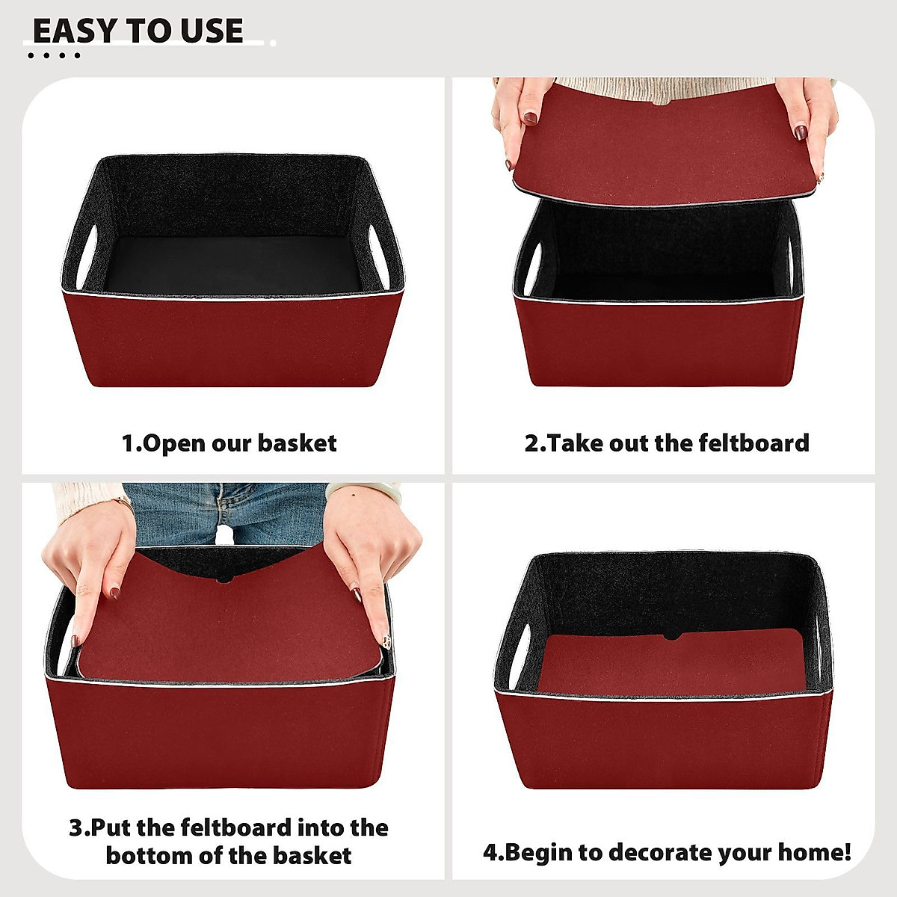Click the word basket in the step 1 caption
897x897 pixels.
(x=298, y=443)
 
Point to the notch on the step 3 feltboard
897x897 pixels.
(x=224, y=579)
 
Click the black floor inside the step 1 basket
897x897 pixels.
(x=232, y=265)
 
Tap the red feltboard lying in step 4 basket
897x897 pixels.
(x=673, y=662)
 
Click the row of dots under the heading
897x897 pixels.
(x=53, y=55)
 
